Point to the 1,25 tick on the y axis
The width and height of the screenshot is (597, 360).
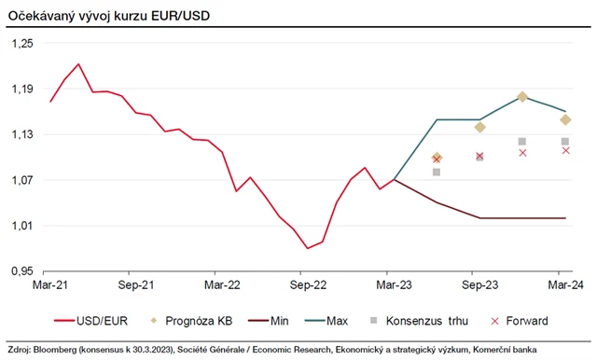21,43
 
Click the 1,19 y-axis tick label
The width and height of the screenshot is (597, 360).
21,89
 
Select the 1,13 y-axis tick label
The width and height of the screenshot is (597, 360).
21,134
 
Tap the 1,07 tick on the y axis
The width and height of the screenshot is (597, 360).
21,180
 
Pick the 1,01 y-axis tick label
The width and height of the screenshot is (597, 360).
21,226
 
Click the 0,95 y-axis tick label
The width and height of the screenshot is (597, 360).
21,271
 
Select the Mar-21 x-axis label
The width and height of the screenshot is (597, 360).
50,284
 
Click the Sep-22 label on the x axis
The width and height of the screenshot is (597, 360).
307,284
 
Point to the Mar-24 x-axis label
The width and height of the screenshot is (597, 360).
565,284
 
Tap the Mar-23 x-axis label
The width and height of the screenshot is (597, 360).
394,284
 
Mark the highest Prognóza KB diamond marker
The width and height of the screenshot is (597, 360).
522,97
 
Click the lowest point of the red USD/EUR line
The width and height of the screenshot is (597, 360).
308,248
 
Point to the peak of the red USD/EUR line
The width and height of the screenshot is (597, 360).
78,64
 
